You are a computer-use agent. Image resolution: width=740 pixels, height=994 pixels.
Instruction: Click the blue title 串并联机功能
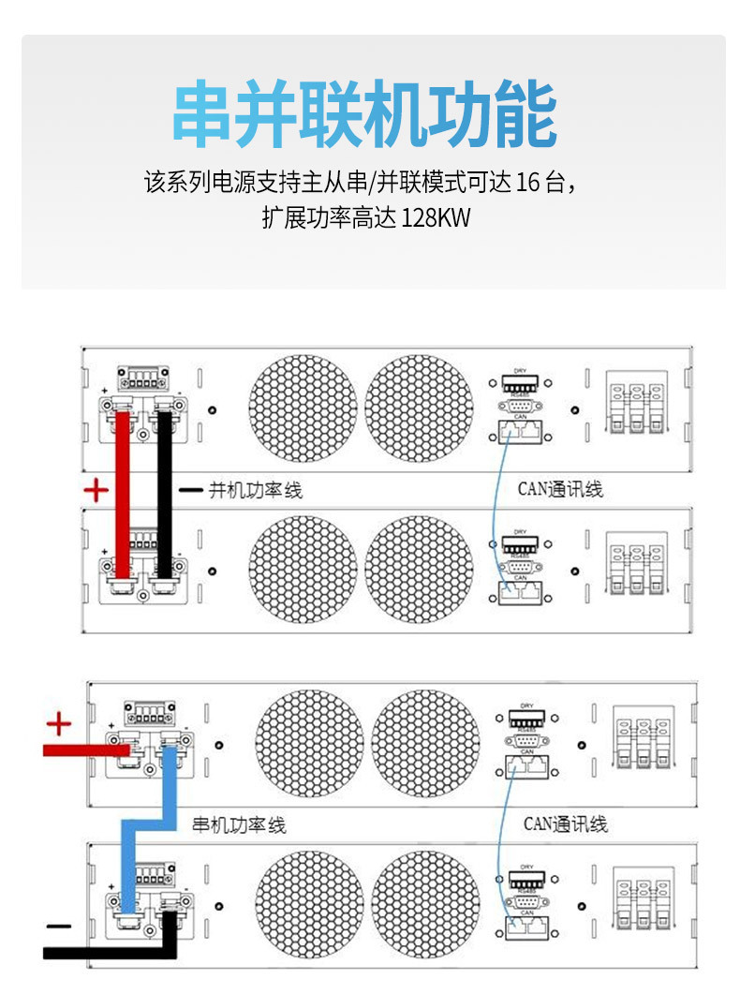click(365, 116)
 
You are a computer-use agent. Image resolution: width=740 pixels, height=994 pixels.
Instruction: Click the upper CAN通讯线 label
click(560, 489)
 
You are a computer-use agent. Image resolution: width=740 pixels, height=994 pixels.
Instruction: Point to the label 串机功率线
click(238, 825)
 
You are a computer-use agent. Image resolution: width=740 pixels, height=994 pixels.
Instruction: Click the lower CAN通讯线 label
click(565, 824)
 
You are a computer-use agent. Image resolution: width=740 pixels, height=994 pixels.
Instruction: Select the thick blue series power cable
click(150, 823)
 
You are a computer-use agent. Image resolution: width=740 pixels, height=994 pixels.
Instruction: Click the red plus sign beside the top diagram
click(96, 489)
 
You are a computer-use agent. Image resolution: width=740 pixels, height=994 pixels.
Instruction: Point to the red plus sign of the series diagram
click(58, 723)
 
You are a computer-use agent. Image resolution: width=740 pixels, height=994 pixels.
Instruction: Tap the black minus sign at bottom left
click(58, 927)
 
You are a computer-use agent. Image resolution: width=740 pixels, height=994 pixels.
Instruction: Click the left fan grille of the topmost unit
click(303, 408)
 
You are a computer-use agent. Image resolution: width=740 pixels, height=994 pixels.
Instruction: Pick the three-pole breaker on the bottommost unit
click(643, 901)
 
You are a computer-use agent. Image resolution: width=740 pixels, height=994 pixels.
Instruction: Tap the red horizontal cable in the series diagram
click(84, 749)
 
